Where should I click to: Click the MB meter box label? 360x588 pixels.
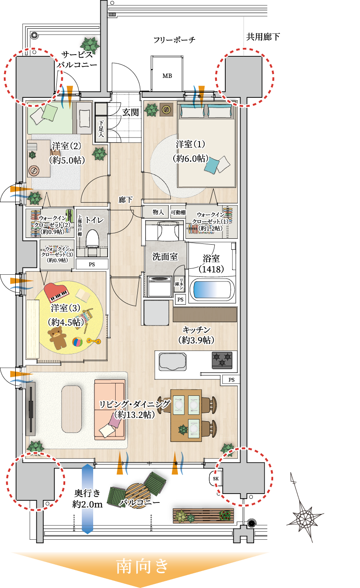click(x=167, y=76)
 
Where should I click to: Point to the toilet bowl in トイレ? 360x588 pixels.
click(x=92, y=239)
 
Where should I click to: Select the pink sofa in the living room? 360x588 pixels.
click(x=110, y=408)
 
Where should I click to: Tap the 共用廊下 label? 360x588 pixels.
click(x=263, y=37)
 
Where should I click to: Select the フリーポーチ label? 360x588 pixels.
click(x=174, y=40)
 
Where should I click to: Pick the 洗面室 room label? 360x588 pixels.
click(x=165, y=257)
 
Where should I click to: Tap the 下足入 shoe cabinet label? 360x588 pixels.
click(x=101, y=129)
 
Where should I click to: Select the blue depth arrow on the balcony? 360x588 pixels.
click(x=87, y=499)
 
